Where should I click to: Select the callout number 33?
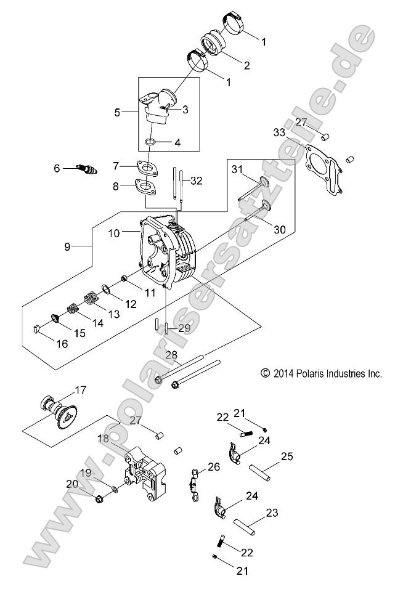coord(279,132)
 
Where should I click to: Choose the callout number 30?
coord(280,229)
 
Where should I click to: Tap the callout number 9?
coord(68,246)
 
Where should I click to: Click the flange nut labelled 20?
coord(99,497)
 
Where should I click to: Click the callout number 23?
coord(272,512)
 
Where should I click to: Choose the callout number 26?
coord(213,467)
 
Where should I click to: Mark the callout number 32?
coord(196,180)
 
